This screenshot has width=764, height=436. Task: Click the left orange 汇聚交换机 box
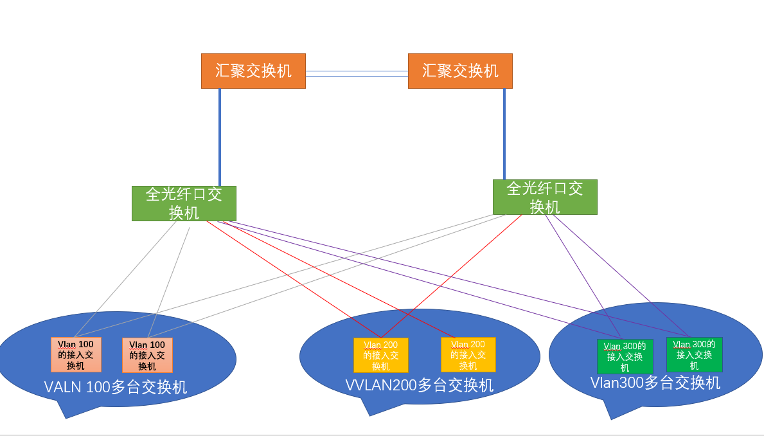point(253,71)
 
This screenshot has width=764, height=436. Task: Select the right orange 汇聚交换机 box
point(460,71)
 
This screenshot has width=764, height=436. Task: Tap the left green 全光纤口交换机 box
point(184,203)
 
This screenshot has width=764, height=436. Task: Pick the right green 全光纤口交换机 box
point(545,197)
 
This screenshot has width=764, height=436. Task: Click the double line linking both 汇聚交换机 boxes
point(357,73)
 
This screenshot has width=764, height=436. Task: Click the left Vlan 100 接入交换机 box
point(76,354)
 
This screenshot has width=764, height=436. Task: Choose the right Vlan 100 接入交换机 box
point(147,355)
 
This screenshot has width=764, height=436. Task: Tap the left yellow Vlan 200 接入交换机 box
point(380,355)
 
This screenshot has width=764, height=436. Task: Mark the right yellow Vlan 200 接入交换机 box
point(468,354)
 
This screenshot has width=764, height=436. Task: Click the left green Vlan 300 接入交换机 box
point(625,356)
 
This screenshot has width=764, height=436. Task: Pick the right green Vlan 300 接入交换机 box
point(694,354)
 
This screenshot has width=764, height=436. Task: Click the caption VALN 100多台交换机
point(116,387)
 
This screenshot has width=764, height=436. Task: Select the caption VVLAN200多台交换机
point(420,385)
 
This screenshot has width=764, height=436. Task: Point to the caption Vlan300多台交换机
point(655,383)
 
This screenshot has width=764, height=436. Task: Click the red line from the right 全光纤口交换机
point(450,277)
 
